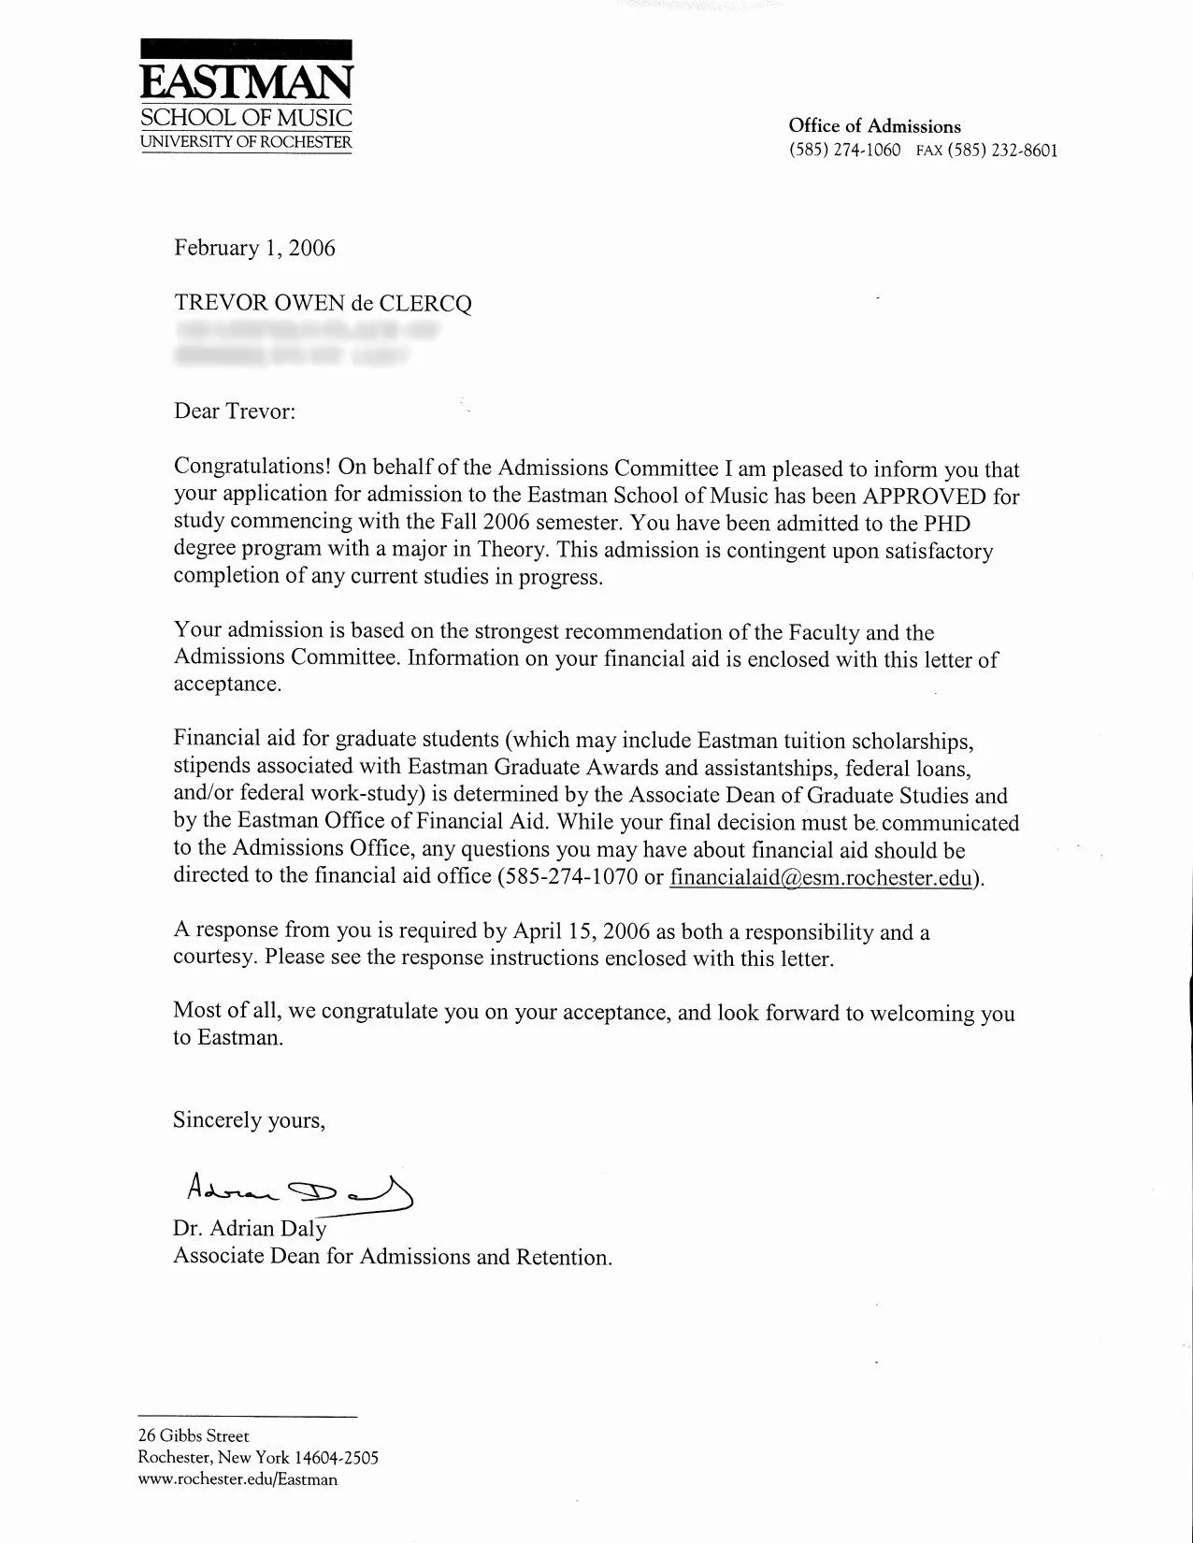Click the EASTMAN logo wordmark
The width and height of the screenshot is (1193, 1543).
[246, 82]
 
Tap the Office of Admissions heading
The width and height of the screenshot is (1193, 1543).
[874, 126]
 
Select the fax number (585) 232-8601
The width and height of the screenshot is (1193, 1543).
[1002, 151]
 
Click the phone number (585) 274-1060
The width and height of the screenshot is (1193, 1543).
[844, 151]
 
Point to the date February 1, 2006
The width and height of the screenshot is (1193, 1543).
[254, 248]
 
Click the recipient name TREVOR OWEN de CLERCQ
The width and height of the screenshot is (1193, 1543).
[323, 303]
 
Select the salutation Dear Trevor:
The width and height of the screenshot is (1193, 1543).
[235, 411]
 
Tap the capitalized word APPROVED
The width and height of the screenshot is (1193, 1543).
[924, 496]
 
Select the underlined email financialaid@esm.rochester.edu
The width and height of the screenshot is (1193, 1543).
[821, 878]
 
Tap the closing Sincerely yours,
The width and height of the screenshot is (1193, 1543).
[249, 1120]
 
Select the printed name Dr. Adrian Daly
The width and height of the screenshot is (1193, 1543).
[250, 1229]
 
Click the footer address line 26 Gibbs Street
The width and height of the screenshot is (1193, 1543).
[194, 1435]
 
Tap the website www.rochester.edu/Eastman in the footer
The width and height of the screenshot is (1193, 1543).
[237, 1479]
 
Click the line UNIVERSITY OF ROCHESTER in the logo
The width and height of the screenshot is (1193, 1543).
[246, 142]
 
